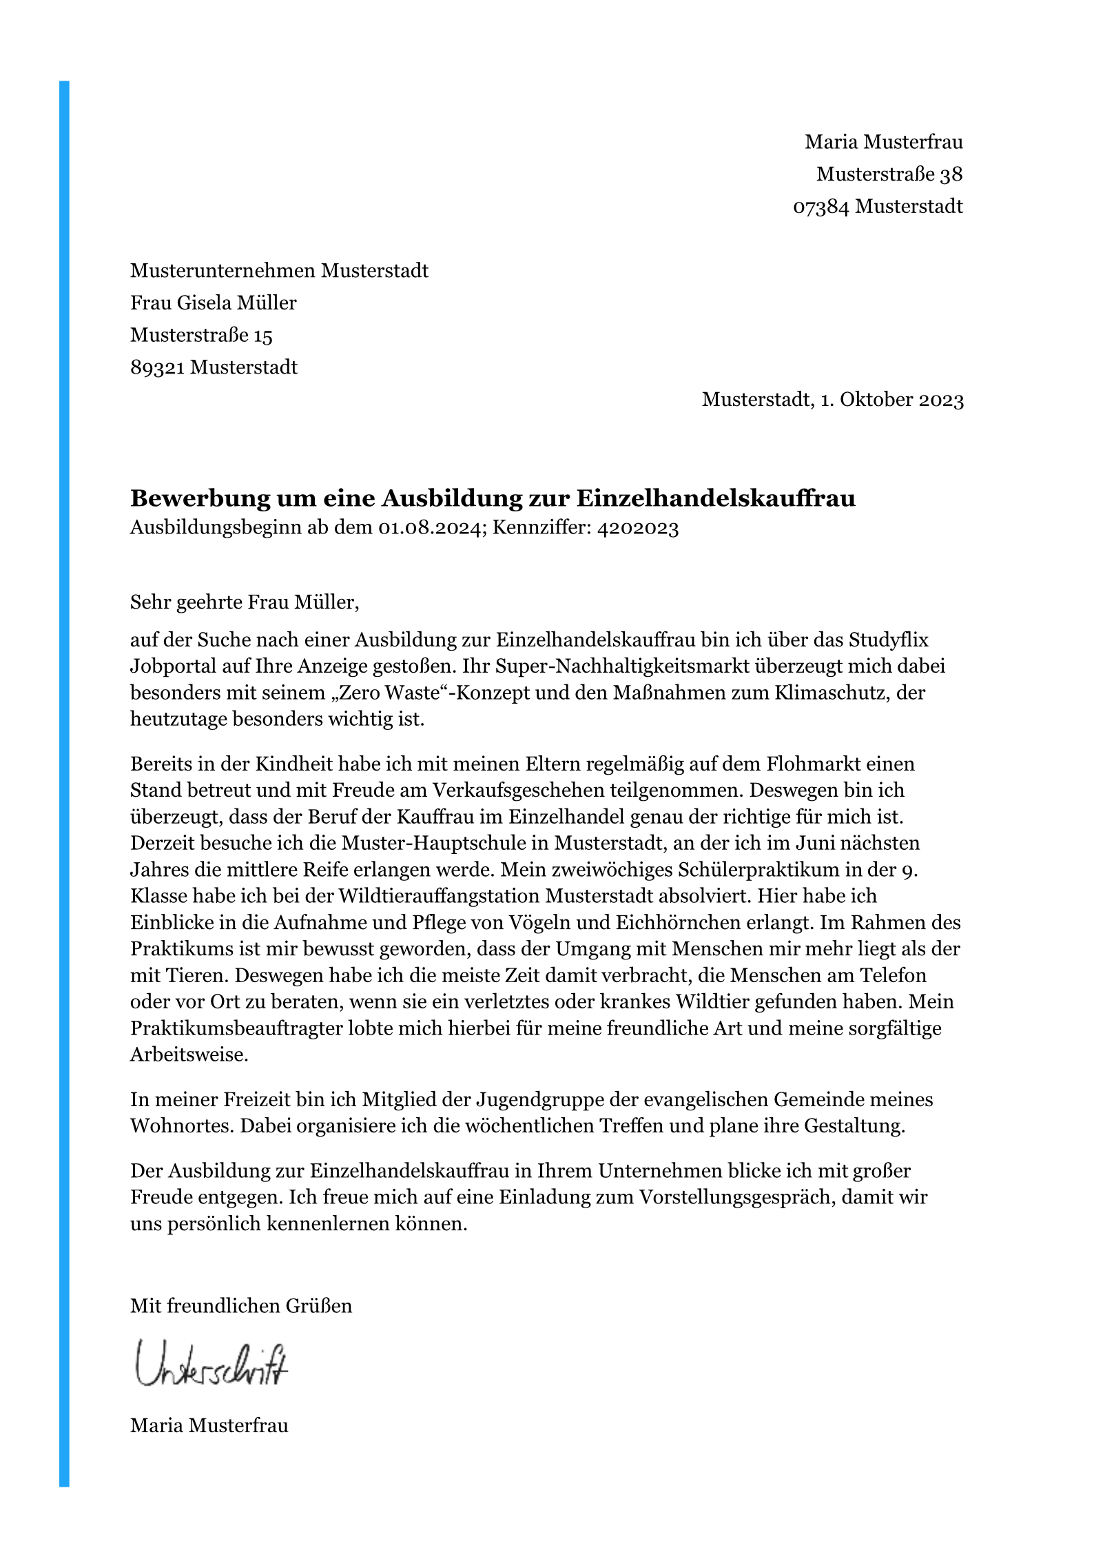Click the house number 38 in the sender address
[951, 174]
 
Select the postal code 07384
[821, 207]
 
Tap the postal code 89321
[157, 367]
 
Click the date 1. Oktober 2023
[891, 400]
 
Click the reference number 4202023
[638, 528]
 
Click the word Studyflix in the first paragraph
[888, 640]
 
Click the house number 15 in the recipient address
[262, 336]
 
